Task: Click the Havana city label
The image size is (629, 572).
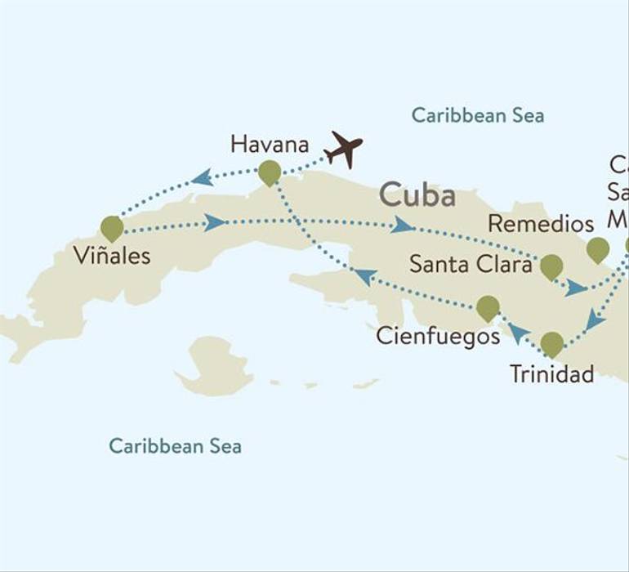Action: tap(270, 145)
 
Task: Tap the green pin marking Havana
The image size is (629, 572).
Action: tap(270, 172)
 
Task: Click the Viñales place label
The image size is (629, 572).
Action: tap(112, 256)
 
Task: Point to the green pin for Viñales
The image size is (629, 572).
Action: tap(112, 227)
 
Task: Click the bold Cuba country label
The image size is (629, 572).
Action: tap(417, 196)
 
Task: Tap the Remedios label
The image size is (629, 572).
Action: tap(540, 223)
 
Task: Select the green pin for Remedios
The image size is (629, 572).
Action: tap(597, 248)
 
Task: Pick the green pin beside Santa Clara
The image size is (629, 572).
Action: tap(551, 266)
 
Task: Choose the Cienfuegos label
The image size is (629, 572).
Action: tap(438, 336)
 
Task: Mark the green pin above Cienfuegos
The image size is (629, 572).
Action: tap(488, 307)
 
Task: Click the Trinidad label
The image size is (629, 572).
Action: tap(551, 374)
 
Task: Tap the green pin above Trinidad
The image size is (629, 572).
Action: tap(551, 343)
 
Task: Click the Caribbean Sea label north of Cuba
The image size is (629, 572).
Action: tap(477, 115)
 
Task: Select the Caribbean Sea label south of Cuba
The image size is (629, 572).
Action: tap(175, 446)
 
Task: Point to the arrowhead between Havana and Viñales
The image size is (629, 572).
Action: tap(202, 177)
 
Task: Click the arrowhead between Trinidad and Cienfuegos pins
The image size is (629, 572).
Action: tap(517, 331)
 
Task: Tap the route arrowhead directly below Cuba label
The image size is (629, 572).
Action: tap(402, 225)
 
